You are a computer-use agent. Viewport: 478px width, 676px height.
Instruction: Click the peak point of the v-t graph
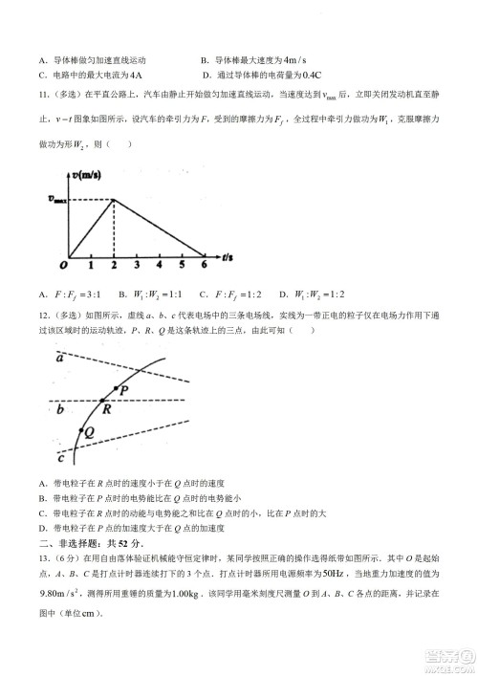pyautogui.click(x=114, y=199)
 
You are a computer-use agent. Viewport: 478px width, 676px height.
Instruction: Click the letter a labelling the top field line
pyautogui.click(x=59, y=358)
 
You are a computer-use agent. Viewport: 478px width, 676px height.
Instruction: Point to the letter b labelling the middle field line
pyautogui.click(x=60, y=410)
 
